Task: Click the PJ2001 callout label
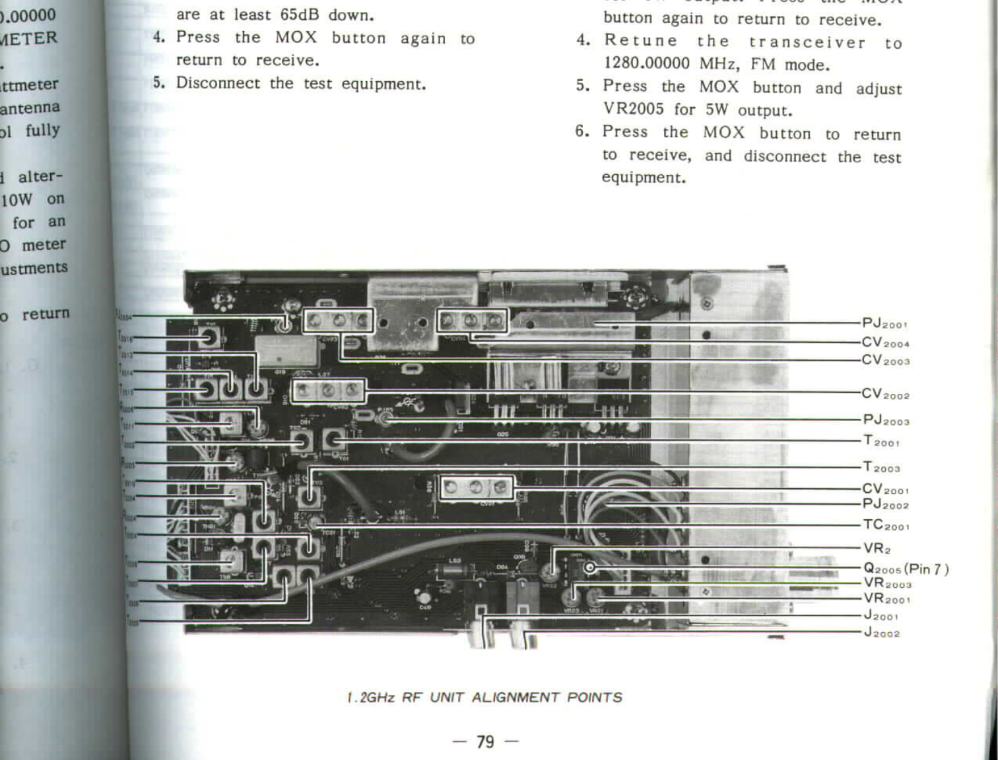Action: [x=884, y=323]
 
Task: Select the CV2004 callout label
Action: [x=885, y=342]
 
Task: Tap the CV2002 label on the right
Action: [x=885, y=394]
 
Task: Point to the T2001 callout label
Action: [x=881, y=441]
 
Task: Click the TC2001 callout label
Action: [x=886, y=525]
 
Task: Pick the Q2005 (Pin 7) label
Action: [x=906, y=569]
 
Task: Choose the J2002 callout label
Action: [x=882, y=633]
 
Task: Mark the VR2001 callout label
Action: [x=886, y=599]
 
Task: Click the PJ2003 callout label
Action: [x=886, y=420]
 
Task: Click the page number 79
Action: [x=485, y=742]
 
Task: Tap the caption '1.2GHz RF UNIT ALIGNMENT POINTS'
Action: [x=484, y=697]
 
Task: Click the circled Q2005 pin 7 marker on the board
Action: [x=589, y=567]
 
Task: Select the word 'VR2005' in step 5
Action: [x=633, y=109]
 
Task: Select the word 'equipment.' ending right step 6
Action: [x=643, y=177]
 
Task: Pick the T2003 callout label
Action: [x=881, y=467]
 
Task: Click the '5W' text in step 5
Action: [x=716, y=110]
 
